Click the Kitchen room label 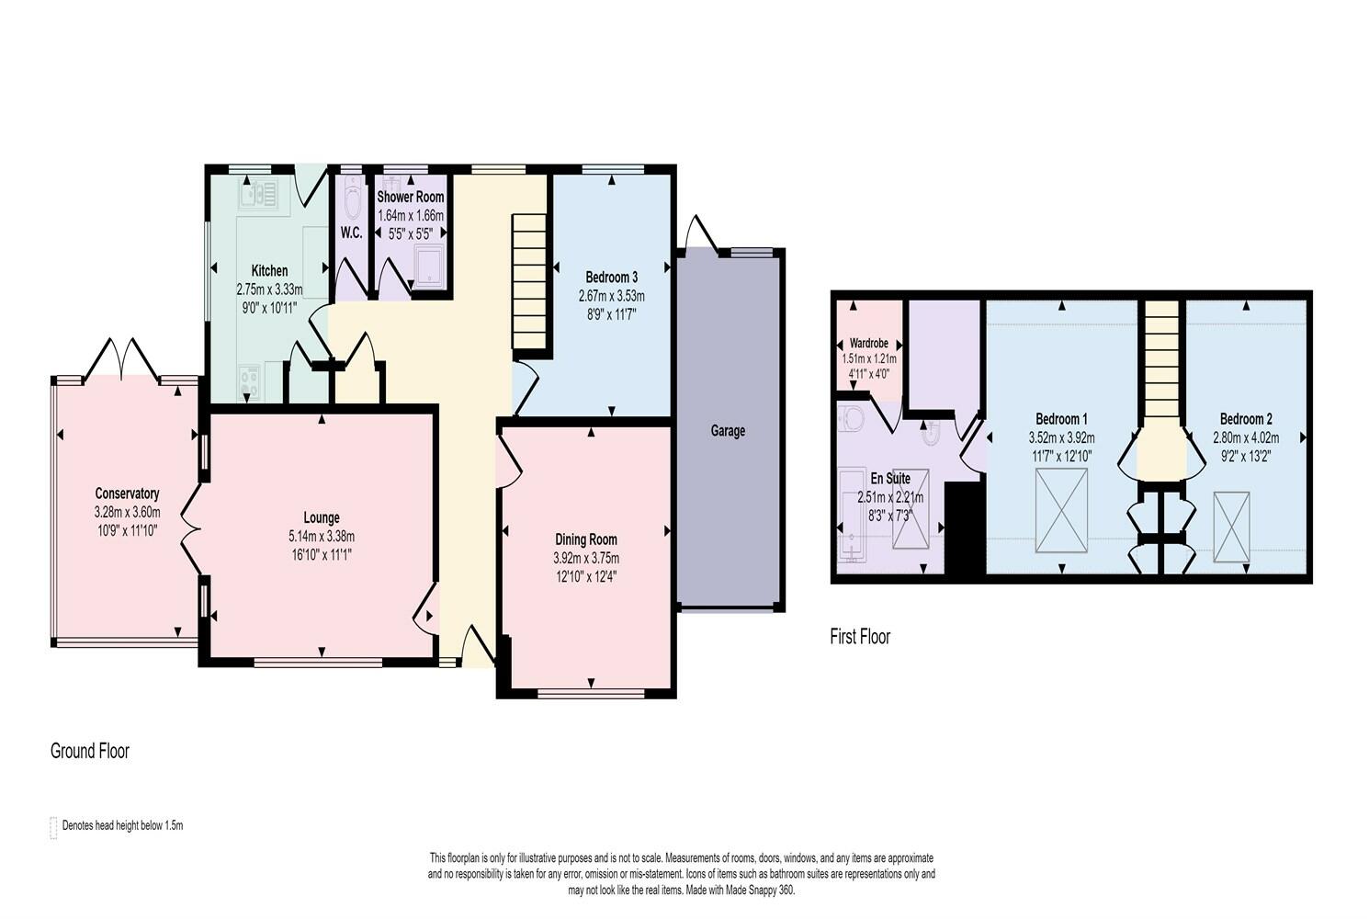pyautogui.click(x=269, y=271)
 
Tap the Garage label pyautogui.click(x=728, y=431)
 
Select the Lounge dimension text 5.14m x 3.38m pyautogui.click(x=322, y=537)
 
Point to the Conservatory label pyautogui.click(x=127, y=494)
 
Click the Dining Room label pyautogui.click(x=586, y=539)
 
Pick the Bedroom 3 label pyautogui.click(x=612, y=277)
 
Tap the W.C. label pyautogui.click(x=351, y=233)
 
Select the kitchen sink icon pyautogui.click(x=259, y=195)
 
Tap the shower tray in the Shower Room pyautogui.click(x=429, y=267)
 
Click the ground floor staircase pyautogui.click(x=528, y=281)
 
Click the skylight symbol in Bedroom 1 pyautogui.click(x=1061, y=511)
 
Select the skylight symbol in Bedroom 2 pyautogui.click(x=1231, y=527)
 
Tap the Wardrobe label pyautogui.click(x=868, y=344)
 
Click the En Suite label pyautogui.click(x=890, y=478)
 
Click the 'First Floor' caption pyautogui.click(x=860, y=637)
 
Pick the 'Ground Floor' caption pyautogui.click(x=90, y=751)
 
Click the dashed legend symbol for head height pyautogui.click(x=53, y=828)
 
